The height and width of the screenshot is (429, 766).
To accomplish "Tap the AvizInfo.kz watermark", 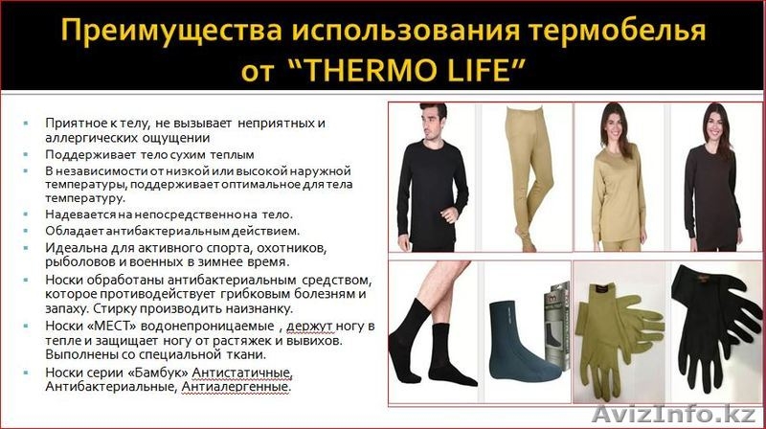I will coord(709,416).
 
